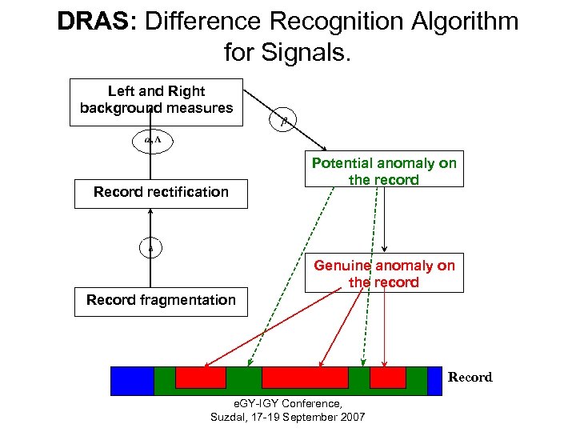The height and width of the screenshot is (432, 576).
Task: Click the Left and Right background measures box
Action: (x=156, y=102)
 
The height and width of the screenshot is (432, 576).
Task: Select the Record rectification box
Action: (x=161, y=192)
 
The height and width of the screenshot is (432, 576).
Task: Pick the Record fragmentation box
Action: (x=161, y=301)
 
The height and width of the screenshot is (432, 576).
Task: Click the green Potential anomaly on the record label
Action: (x=384, y=171)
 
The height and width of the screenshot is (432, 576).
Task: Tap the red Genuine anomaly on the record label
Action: (x=384, y=274)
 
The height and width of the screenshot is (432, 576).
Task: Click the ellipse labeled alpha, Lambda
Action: (x=152, y=141)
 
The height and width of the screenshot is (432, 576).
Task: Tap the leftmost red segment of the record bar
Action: (x=200, y=378)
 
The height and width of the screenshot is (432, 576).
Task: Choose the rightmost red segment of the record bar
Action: (x=388, y=378)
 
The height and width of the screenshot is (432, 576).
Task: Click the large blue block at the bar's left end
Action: (x=132, y=381)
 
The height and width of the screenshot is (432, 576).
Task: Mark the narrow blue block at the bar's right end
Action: (x=434, y=381)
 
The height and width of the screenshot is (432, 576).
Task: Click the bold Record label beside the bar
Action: (x=470, y=378)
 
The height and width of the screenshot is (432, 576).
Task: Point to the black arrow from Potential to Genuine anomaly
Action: (x=385, y=220)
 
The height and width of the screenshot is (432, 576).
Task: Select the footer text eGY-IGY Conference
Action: (x=287, y=404)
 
